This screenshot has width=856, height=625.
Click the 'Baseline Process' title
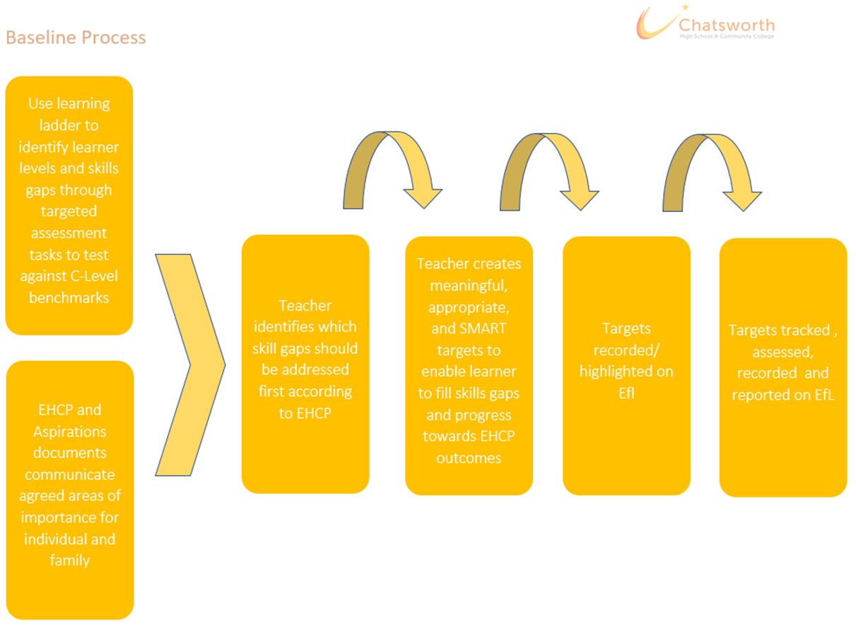click(x=76, y=37)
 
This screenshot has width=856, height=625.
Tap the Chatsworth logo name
click(x=727, y=25)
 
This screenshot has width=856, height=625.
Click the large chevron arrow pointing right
click(x=190, y=365)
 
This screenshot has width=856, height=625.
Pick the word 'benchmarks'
click(x=69, y=298)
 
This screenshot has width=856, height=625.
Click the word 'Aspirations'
click(x=69, y=432)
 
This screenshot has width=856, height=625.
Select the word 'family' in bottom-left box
click(x=69, y=561)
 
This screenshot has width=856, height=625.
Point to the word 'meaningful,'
click(x=469, y=286)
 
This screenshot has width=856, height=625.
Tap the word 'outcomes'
click(x=469, y=458)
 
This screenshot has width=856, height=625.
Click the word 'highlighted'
click(x=615, y=372)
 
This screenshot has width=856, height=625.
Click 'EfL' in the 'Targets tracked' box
click(x=824, y=395)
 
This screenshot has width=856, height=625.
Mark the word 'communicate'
click(x=70, y=475)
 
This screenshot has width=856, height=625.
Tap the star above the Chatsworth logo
click(x=685, y=7)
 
